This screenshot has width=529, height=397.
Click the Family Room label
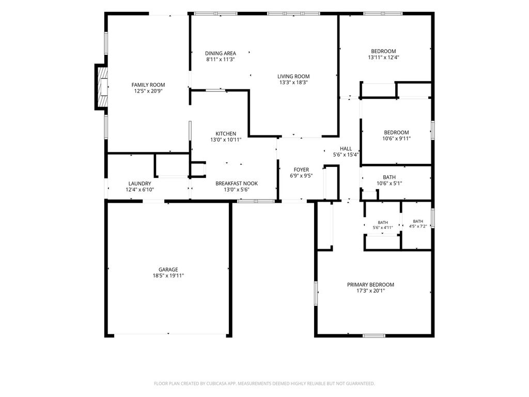pyautogui.click(x=148, y=85)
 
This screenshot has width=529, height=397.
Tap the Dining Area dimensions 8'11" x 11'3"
pyautogui.click(x=220, y=59)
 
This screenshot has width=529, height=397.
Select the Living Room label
pyautogui.click(x=293, y=77)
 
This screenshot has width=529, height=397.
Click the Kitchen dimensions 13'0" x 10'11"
pyautogui.click(x=226, y=140)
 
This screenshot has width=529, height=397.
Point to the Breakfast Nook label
pyautogui.click(x=237, y=184)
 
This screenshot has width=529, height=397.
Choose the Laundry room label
pyautogui.click(x=139, y=184)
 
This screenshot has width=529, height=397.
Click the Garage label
pyautogui.click(x=168, y=269)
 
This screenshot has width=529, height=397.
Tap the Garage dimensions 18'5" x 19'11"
pyautogui.click(x=168, y=276)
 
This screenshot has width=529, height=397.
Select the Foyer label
pyautogui.click(x=301, y=170)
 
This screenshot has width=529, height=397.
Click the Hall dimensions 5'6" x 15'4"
pyautogui.click(x=346, y=155)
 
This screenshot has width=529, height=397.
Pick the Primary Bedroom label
pyautogui.click(x=370, y=285)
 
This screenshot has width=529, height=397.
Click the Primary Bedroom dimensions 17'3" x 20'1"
pyautogui.click(x=370, y=291)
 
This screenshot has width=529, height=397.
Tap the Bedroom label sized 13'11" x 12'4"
pyautogui.click(x=383, y=51)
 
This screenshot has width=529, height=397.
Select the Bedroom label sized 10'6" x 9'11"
pyautogui.click(x=396, y=132)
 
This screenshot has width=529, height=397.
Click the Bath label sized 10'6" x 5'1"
pyautogui.click(x=389, y=177)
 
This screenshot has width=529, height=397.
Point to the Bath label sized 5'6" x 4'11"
pyautogui.click(x=383, y=222)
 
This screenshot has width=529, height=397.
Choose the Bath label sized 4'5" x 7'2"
pyautogui.click(x=417, y=221)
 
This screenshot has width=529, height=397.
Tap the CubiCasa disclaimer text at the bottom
pyautogui.click(x=264, y=384)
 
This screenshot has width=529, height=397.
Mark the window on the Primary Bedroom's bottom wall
pyautogui.click(x=374, y=335)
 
